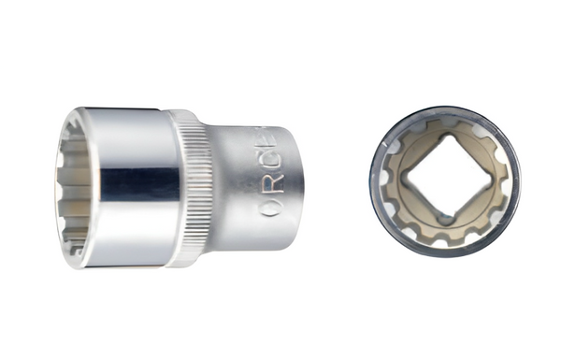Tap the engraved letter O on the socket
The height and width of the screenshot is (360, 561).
271,208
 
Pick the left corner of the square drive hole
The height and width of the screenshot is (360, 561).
405,179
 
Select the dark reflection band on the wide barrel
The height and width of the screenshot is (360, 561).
140,181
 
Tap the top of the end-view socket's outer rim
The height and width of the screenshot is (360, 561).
445,109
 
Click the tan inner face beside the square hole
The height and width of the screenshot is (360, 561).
411,210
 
